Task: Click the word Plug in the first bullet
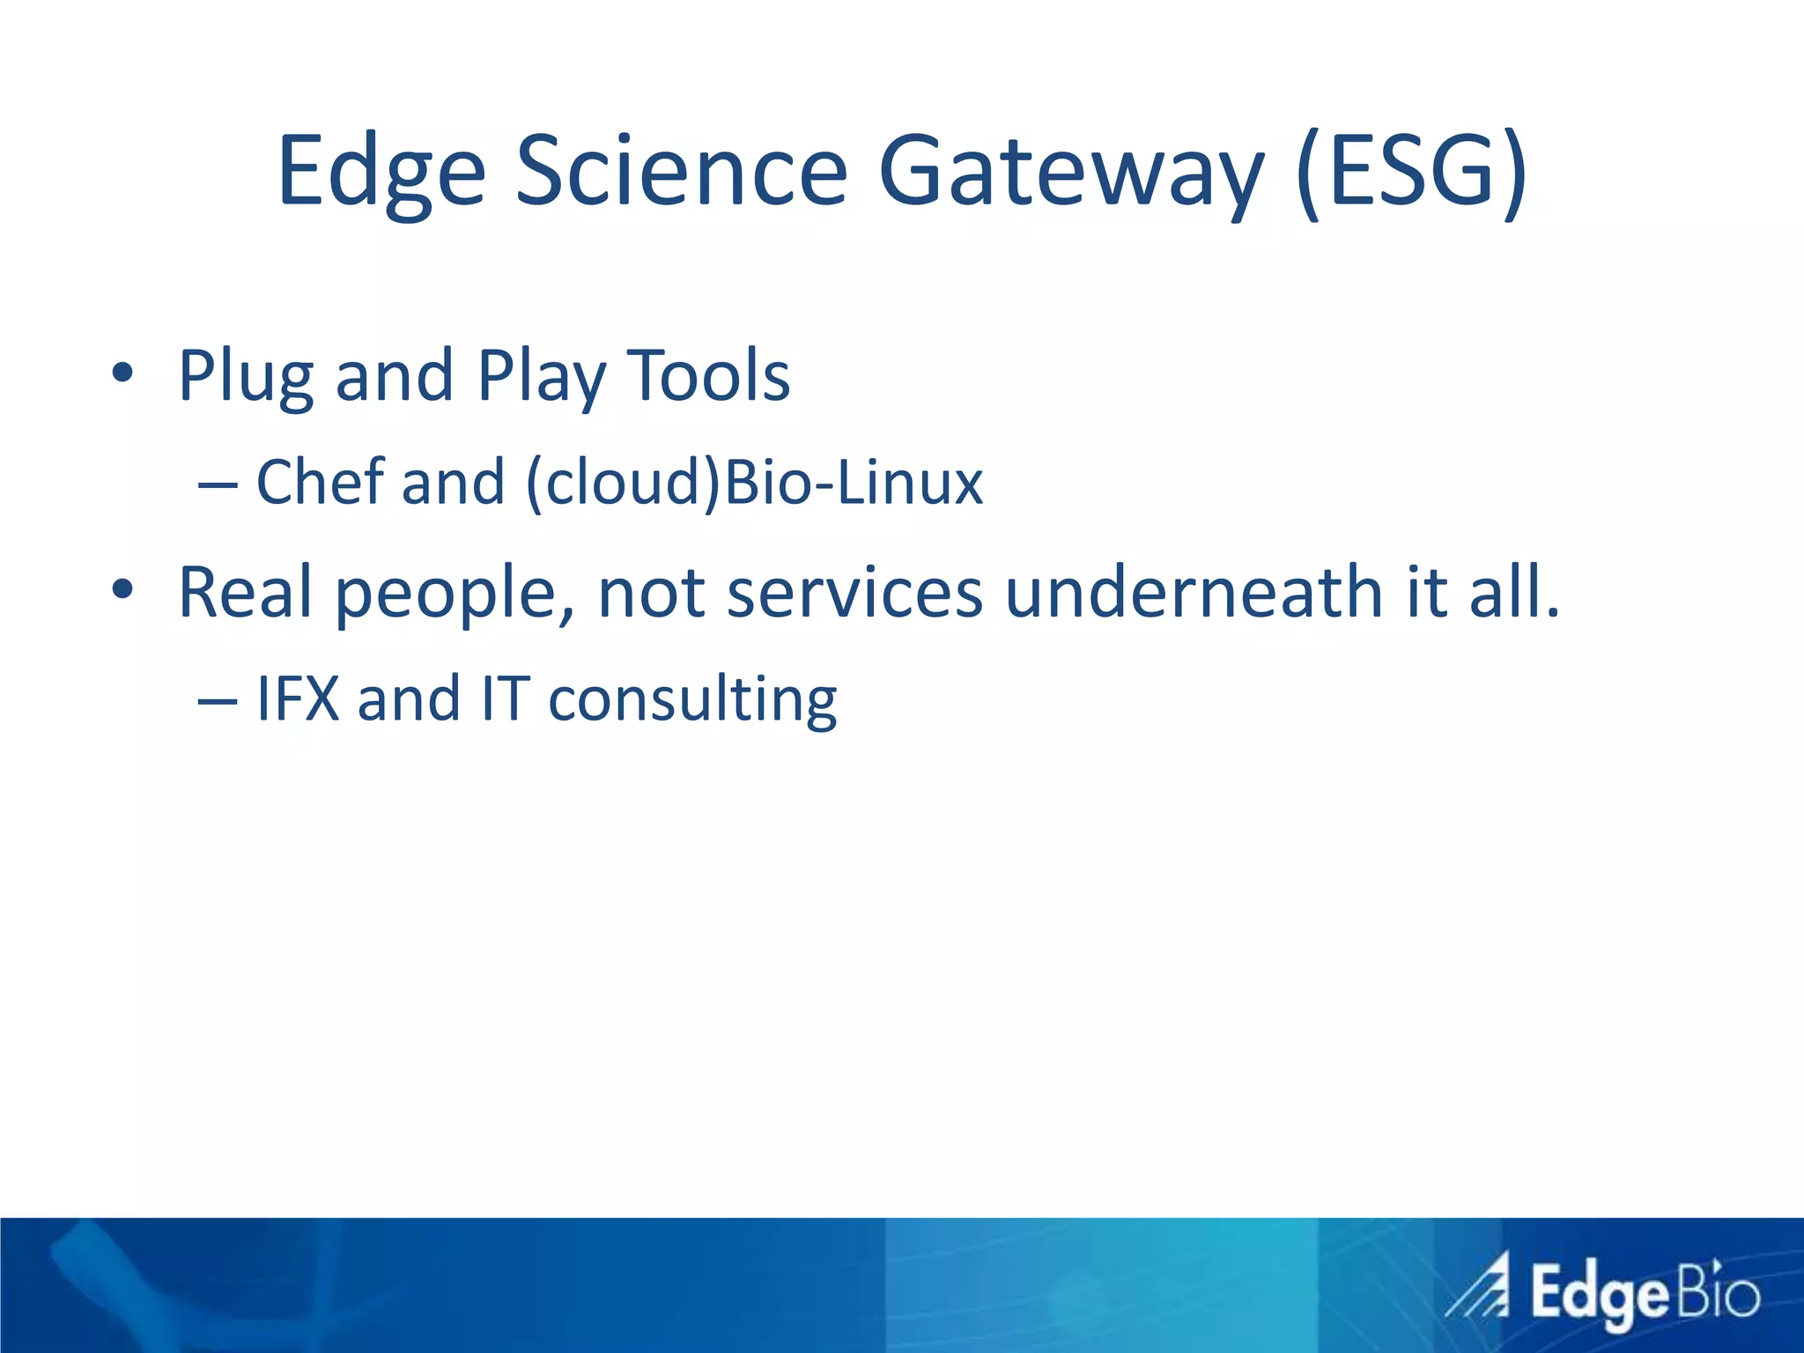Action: (x=246, y=378)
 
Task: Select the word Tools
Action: (x=708, y=376)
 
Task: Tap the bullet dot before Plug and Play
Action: (x=122, y=373)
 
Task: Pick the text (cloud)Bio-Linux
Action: (x=754, y=484)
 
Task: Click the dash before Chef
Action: (x=217, y=485)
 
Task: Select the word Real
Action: (x=245, y=592)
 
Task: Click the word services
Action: (x=854, y=592)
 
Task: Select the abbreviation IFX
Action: (x=298, y=699)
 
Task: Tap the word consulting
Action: (x=692, y=700)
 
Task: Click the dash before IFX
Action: (x=217, y=701)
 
